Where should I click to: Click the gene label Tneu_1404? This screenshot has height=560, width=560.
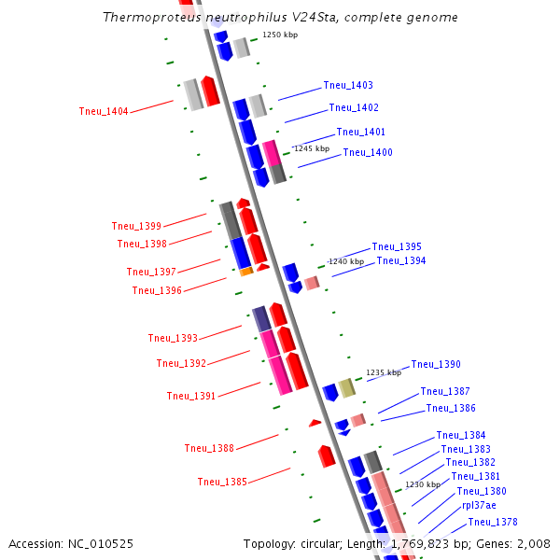(104, 112)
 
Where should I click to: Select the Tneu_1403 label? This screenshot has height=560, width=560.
(348, 86)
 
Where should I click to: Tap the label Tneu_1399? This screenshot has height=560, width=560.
(136, 226)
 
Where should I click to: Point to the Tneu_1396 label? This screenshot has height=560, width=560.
(157, 290)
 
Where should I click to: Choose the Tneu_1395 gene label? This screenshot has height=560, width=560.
(397, 247)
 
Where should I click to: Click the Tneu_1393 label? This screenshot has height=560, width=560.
(173, 338)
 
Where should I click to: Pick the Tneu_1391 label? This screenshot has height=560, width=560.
(191, 396)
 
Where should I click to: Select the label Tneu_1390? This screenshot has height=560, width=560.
(436, 365)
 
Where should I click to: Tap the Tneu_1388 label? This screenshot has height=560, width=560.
(209, 448)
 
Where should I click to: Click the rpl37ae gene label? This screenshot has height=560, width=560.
(479, 506)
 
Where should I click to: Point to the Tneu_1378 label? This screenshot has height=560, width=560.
(493, 523)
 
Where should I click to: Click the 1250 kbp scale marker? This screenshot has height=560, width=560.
(279, 35)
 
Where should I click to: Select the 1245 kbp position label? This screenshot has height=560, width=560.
(312, 148)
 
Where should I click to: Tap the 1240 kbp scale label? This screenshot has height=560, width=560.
(346, 262)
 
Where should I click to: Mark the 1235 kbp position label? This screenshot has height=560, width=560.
(384, 372)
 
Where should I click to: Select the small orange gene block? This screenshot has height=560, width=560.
(246, 272)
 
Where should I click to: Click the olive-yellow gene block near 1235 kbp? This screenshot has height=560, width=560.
(347, 388)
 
